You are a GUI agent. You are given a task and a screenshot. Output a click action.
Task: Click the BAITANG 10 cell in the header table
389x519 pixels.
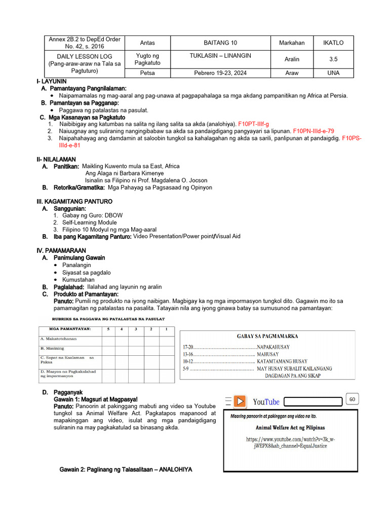220,43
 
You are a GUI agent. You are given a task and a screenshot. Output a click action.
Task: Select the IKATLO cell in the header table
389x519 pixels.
333,43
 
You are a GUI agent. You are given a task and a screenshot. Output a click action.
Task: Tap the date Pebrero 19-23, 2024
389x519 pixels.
220,73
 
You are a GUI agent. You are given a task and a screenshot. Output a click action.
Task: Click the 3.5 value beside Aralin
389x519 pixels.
333,59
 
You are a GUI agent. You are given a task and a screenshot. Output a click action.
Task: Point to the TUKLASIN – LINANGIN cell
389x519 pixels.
220,56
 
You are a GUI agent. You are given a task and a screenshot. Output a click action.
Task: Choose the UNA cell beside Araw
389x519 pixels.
333,73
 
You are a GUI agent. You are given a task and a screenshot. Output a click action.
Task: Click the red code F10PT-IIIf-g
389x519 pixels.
254,124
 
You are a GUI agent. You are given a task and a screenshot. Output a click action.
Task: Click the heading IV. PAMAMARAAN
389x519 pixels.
61,250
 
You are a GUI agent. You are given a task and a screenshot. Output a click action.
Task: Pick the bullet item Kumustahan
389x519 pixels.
79,279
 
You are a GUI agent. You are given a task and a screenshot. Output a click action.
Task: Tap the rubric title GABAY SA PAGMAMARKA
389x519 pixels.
267,336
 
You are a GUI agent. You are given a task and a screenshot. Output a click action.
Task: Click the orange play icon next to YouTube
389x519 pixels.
240,401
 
